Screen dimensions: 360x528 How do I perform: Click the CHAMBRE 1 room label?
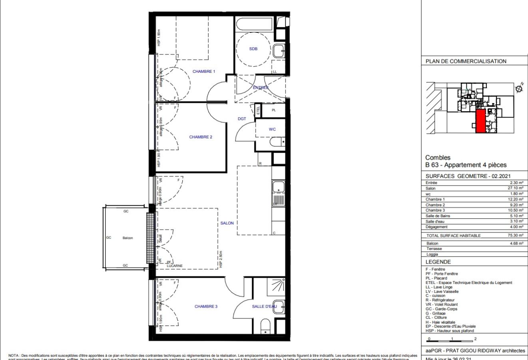(204, 72)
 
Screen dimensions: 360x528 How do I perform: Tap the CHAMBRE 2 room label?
(201, 137)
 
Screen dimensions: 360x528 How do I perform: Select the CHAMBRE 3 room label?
(206, 307)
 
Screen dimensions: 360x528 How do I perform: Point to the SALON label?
(227, 223)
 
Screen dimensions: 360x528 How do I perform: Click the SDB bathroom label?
(253, 49)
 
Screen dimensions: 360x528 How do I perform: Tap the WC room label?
(272, 129)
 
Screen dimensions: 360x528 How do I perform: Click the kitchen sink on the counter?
(278, 186)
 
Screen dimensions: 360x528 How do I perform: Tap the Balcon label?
(128, 238)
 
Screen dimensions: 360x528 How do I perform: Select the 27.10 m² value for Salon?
(516, 188)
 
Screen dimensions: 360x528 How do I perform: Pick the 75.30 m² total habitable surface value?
(516, 236)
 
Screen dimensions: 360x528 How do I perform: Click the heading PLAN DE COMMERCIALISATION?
(466, 62)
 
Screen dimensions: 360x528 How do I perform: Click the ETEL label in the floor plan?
(258, 110)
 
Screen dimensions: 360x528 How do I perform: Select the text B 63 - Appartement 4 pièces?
(466, 165)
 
